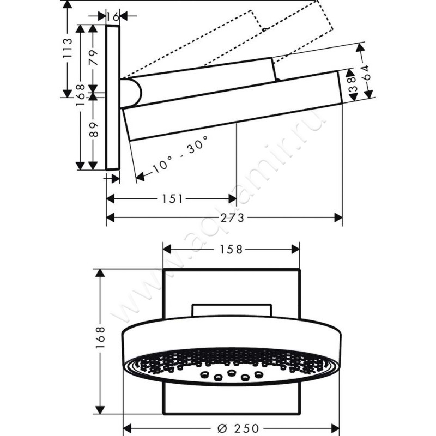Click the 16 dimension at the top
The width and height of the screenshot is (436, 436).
113,16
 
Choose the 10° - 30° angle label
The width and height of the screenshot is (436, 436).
179,155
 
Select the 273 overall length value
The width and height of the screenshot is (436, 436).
231,218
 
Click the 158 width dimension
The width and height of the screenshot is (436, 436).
231,249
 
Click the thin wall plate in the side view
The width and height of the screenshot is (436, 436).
113,98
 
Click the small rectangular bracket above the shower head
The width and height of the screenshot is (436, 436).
231,309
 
